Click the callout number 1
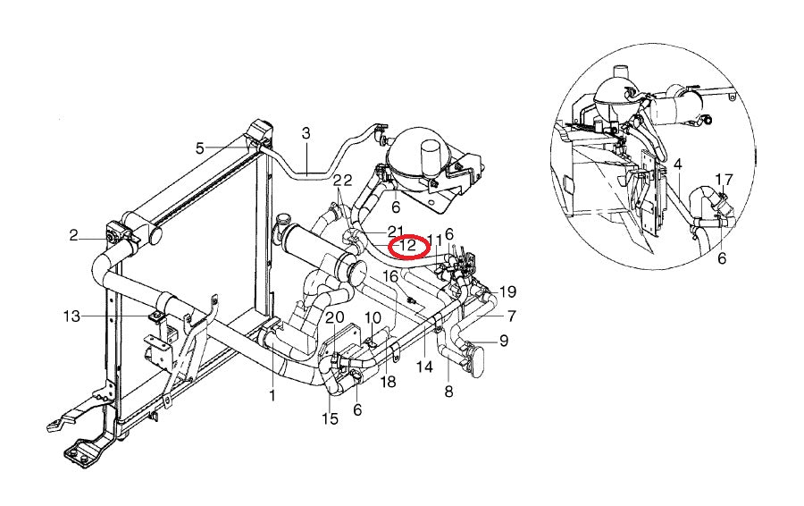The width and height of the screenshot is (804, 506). [x=272, y=394]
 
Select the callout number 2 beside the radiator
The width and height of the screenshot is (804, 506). [x=73, y=235]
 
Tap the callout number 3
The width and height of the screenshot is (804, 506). [x=306, y=133]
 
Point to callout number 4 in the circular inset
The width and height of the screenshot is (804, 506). [x=678, y=164]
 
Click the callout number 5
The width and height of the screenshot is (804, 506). [x=200, y=148]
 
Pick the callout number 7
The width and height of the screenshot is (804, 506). [x=511, y=316]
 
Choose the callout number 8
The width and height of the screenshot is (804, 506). [x=448, y=391]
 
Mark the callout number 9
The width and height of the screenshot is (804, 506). [x=504, y=340]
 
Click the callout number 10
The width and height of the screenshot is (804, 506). [x=373, y=317]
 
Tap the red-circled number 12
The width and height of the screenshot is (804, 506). [x=407, y=245]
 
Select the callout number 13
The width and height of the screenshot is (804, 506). [x=72, y=316]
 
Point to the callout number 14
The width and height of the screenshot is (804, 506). [x=423, y=367]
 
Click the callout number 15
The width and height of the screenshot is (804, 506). [x=331, y=418]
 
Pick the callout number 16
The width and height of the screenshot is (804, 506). [x=390, y=277]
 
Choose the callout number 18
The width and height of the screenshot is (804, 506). [x=387, y=382]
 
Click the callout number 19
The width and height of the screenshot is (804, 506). [x=507, y=291]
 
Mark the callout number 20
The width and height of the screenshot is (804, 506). [x=334, y=317]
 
